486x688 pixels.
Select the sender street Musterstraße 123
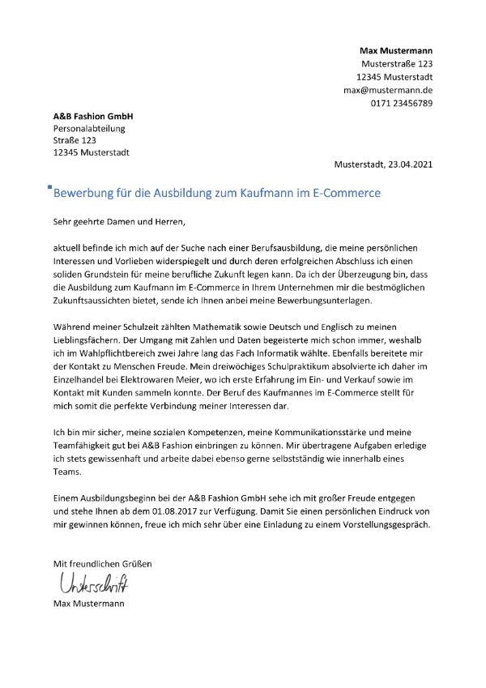click(x=397, y=64)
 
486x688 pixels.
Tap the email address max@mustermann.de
click(x=388, y=90)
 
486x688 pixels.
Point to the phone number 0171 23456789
click(x=402, y=103)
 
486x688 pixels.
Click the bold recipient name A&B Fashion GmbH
click(x=93, y=116)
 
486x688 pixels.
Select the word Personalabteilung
click(x=89, y=128)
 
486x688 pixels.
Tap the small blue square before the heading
click(x=50, y=188)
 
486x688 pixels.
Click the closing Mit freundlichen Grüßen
click(x=102, y=563)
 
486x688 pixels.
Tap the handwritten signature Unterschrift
click(x=93, y=583)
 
